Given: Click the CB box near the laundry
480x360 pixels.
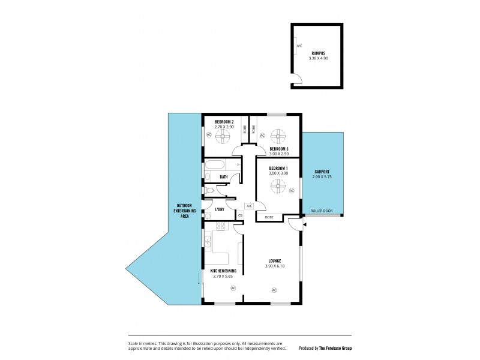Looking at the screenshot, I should [240, 215].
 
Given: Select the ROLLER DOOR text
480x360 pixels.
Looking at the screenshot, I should [322, 211].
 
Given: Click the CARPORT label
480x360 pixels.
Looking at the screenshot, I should [322, 172].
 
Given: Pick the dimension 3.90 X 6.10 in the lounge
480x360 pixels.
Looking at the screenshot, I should [273, 266].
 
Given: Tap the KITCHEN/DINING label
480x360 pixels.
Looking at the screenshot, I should [223, 271].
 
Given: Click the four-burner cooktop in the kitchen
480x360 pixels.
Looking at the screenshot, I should [220, 226].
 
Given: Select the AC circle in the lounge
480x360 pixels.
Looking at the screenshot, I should [274, 290].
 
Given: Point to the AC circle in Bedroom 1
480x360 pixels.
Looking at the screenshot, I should [292, 191].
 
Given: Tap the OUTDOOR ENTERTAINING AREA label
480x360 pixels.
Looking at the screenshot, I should [184, 211].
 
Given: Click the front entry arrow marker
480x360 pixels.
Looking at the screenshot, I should [305, 224].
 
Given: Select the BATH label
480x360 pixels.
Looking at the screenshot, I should [223, 177].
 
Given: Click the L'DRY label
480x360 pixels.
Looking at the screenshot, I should [220, 209].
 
